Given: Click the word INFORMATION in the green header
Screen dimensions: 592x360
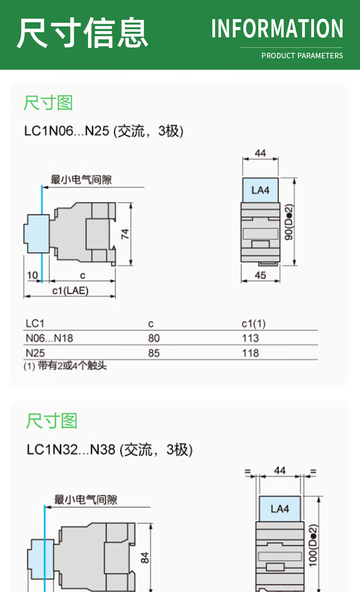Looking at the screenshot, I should coord(277,29).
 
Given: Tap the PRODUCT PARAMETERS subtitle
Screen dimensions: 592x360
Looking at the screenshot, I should coord(302,56).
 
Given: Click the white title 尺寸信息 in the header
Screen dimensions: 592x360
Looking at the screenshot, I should coord(82,33).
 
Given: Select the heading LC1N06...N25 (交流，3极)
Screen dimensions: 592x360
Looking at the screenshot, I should coord(104,131).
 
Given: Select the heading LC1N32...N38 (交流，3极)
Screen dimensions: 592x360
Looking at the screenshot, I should coord(109,449).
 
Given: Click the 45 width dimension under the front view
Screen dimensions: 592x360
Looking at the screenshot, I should coord(260,275).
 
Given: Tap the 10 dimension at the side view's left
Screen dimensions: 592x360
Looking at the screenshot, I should coord(32,275).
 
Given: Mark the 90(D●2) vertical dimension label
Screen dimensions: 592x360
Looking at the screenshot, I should coord(289,222).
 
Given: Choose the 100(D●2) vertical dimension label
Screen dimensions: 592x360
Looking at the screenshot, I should coord(313,545).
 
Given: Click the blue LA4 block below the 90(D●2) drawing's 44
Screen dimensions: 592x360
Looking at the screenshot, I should coord(260,190).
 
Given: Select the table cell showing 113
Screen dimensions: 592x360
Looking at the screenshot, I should coord(250,338).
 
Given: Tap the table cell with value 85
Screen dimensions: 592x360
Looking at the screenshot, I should coord(154,353).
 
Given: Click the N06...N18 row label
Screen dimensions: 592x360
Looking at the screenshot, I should coord(49,338).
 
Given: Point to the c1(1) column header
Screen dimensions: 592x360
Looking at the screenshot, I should coord(253,324).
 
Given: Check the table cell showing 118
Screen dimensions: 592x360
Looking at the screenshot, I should coord(250,353).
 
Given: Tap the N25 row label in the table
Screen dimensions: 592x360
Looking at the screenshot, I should coord(35,353).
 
